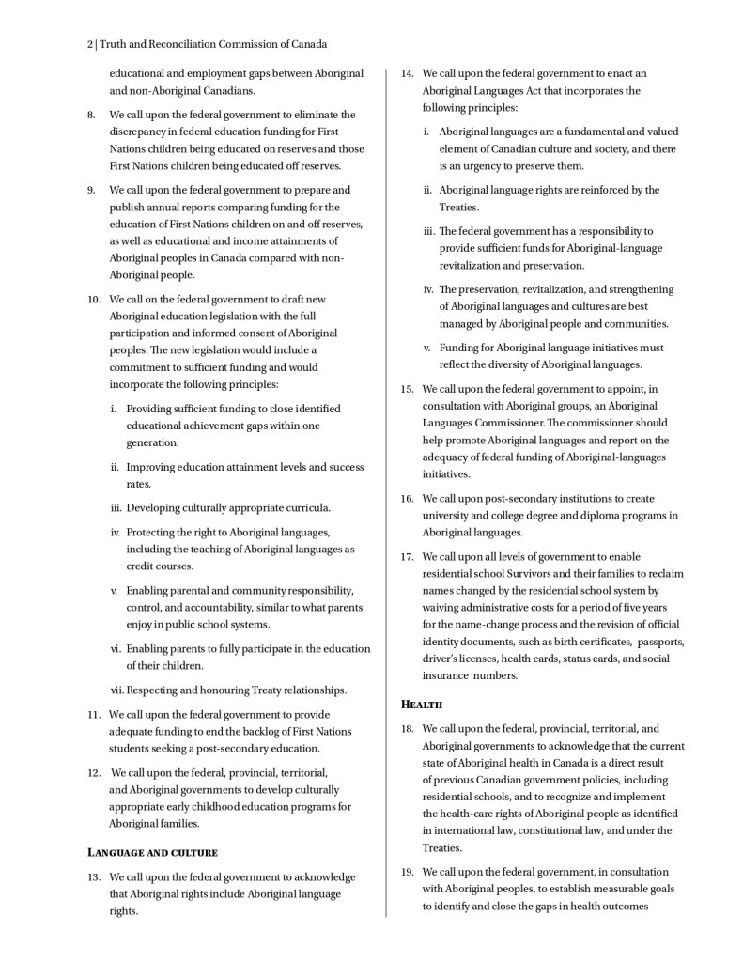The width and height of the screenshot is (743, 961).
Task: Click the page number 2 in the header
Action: click(89, 44)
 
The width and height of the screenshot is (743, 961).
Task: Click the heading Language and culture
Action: click(152, 852)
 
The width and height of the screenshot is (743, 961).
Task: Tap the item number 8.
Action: click(91, 115)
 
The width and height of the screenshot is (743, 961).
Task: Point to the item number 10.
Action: click(93, 299)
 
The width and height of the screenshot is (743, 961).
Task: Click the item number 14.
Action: click(407, 73)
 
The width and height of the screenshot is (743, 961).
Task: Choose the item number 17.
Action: click(407, 556)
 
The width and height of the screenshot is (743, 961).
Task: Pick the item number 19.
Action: click(407, 872)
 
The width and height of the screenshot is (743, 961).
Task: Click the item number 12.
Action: click(93, 772)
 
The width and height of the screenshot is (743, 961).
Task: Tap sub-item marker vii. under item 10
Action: click(117, 690)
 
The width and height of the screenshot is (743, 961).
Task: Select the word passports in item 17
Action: click(661, 642)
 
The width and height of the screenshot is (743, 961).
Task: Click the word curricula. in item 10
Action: click(305, 508)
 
